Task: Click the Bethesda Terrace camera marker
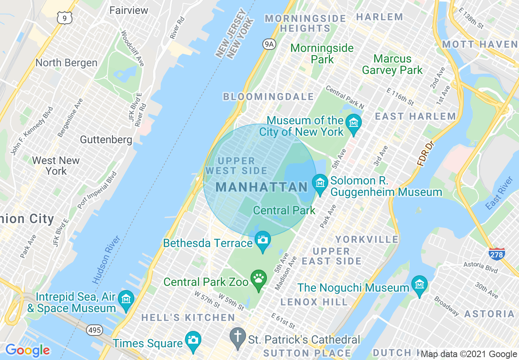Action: point(263,239)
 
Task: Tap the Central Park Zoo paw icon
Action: point(258,279)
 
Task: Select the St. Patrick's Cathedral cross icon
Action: point(237,337)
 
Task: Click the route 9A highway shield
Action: point(269,45)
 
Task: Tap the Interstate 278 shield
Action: point(496,253)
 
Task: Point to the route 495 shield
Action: point(95,330)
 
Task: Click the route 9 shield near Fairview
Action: point(65,17)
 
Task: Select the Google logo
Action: point(28,350)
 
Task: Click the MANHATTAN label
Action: point(262,187)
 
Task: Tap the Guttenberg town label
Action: point(106,139)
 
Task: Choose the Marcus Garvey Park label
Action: point(392,65)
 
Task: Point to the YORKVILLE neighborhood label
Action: point(367,239)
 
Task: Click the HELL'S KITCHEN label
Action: point(188,317)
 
